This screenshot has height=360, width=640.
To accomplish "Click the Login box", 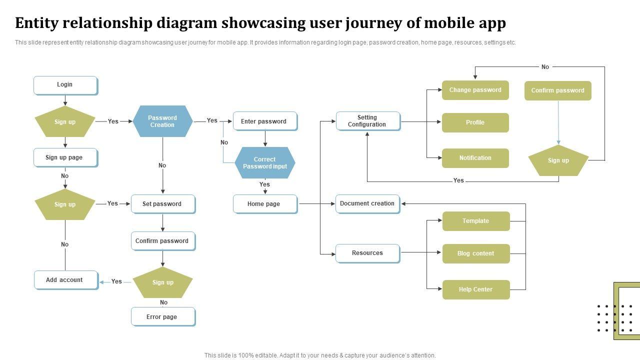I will pyautogui.click(x=65, y=85).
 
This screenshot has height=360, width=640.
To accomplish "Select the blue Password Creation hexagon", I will pyautogui.click(x=162, y=121).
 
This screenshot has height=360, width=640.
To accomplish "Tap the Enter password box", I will pyautogui.click(x=264, y=121).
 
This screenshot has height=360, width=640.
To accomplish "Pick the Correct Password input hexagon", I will pyautogui.click(x=265, y=163).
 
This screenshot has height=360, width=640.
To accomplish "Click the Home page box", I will pyautogui.click(x=264, y=204).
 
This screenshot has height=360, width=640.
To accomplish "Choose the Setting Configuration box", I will pyautogui.click(x=367, y=121).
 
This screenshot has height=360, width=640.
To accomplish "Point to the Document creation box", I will pyautogui.click(x=367, y=203).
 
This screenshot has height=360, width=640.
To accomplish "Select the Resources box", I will pyautogui.click(x=367, y=253).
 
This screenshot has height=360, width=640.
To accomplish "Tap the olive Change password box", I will pyautogui.click(x=475, y=90).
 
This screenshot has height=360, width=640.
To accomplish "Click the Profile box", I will pyautogui.click(x=475, y=122).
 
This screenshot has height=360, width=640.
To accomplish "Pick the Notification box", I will pyautogui.click(x=475, y=158).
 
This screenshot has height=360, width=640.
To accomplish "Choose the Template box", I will pyautogui.click(x=475, y=221).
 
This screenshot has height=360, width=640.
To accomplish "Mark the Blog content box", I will pyautogui.click(x=475, y=253).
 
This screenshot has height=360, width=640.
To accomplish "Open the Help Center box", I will pyautogui.click(x=475, y=289).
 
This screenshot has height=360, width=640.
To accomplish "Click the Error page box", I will pyautogui.click(x=162, y=316).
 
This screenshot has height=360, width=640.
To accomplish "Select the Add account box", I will pyautogui.click(x=65, y=280).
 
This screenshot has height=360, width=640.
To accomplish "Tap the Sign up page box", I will pyautogui.click(x=65, y=157).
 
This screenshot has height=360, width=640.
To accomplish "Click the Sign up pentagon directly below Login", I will pyautogui.click(x=65, y=122).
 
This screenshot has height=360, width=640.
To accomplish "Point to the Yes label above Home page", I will pyautogui.click(x=264, y=184).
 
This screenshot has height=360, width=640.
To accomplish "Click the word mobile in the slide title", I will pyautogui.click(x=449, y=23).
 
